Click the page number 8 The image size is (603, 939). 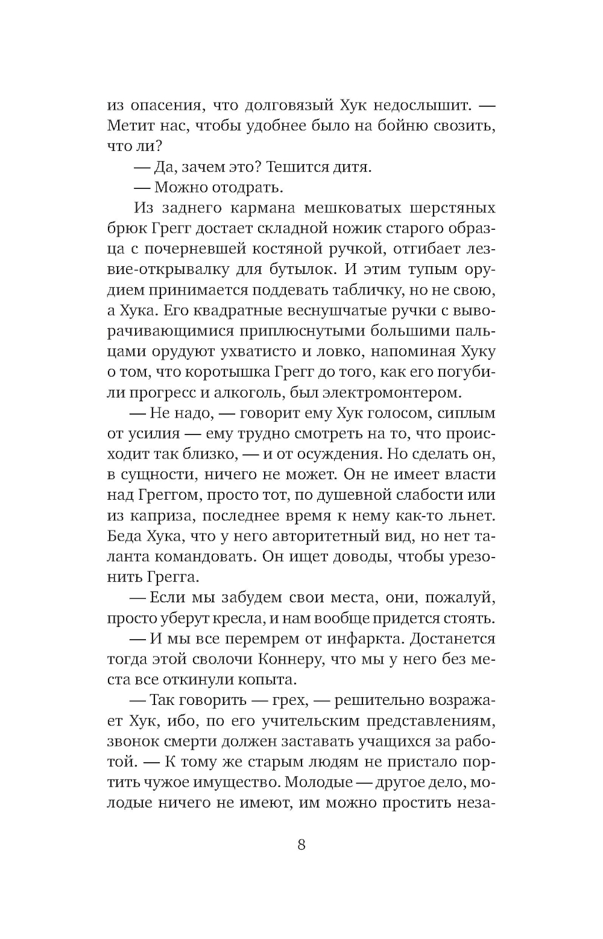tap(301, 845)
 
